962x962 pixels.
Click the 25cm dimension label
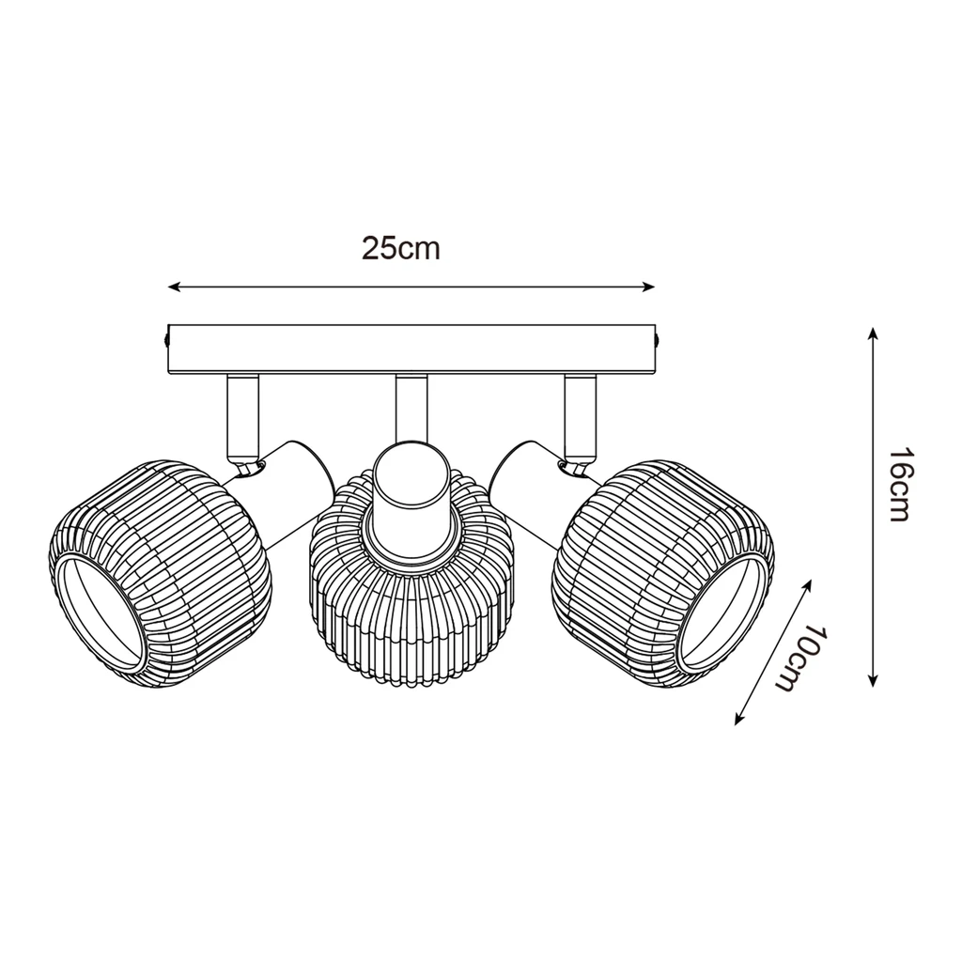[401, 248]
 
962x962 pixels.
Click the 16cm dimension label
[899, 485]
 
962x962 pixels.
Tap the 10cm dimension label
[804, 658]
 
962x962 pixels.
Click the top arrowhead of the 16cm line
[873, 334]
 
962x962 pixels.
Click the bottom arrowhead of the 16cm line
[873, 680]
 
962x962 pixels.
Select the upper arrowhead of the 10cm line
[807, 583]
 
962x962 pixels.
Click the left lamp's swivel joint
[248, 464]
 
